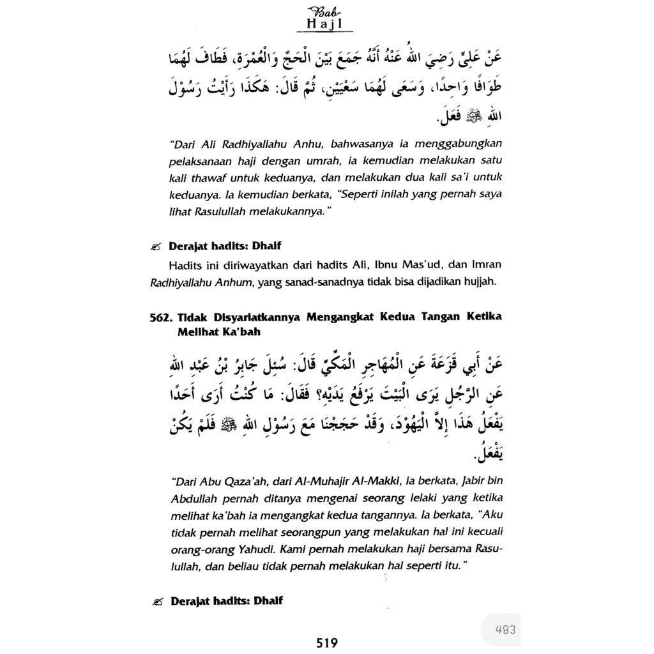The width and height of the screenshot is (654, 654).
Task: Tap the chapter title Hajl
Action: click(324, 25)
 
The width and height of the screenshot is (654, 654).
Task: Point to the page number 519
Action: click(326, 643)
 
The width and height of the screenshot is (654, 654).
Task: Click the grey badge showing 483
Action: click(505, 629)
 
